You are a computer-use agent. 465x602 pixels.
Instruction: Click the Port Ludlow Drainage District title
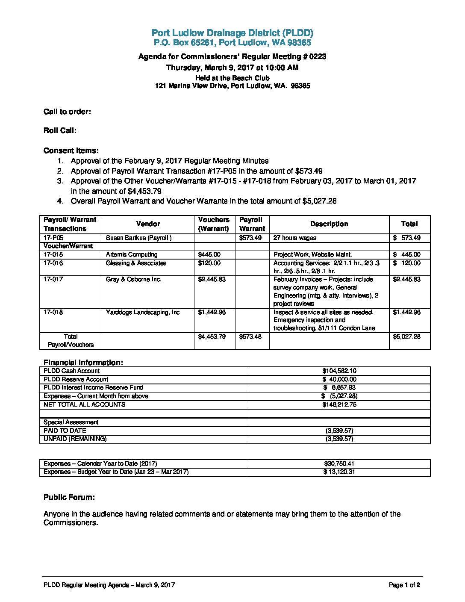click(232, 33)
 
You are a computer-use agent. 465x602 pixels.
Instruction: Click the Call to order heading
click(67, 112)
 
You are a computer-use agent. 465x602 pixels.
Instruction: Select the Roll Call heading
click(60, 130)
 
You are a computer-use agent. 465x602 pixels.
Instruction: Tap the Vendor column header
click(148, 224)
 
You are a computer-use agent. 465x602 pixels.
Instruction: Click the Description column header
click(329, 224)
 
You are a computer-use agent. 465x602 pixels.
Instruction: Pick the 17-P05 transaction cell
click(53, 238)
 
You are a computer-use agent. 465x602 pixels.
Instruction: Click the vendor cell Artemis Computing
click(132, 254)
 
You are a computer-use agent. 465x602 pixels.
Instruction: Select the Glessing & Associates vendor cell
click(136, 263)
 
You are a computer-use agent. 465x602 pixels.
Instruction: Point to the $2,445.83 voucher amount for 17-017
click(212, 279)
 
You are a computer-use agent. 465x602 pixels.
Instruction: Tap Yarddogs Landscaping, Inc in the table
click(143, 312)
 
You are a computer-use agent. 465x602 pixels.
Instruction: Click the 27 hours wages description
click(295, 238)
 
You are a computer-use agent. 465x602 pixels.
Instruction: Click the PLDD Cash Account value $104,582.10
click(339, 371)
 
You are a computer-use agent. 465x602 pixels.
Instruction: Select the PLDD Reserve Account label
click(76, 379)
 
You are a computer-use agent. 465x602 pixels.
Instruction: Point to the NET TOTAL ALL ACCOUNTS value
click(339, 404)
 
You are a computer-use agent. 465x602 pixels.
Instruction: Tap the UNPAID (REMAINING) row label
click(75, 439)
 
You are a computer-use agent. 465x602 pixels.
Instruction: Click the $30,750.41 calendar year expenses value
click(339, 463)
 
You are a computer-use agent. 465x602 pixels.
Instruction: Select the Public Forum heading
click(69, 497)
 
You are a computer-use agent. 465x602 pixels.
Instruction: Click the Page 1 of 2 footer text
click(404, 585)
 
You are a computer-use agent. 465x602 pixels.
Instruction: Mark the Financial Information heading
click(83, 363)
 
